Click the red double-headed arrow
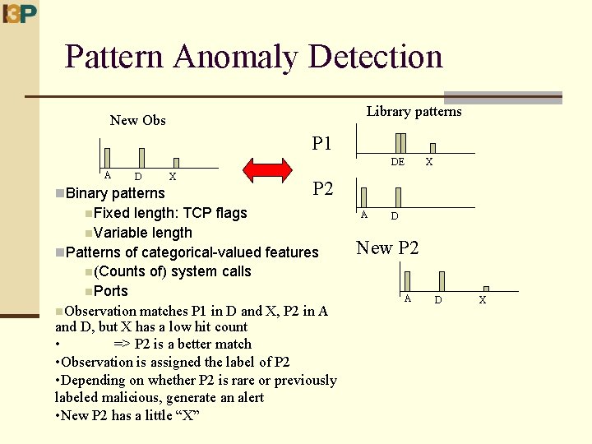(x=268, y=171)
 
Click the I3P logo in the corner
(x=20, y=14)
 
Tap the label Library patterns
(x=414, y=112)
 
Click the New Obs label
(x=138, y=121)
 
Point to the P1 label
(x=322, y=144)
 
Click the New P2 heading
(x=387, y=247)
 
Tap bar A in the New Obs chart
(x=107, y=158)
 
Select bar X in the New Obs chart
(x=175, y=163)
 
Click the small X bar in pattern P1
(x=432, y=148)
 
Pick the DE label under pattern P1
(x=398, y=163)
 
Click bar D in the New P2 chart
(x=442, y=280)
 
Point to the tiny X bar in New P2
(x=486, y=289)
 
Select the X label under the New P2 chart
(x=482, y=300)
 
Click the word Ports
(x=111, y=291)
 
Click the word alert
(x=247, y=398)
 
